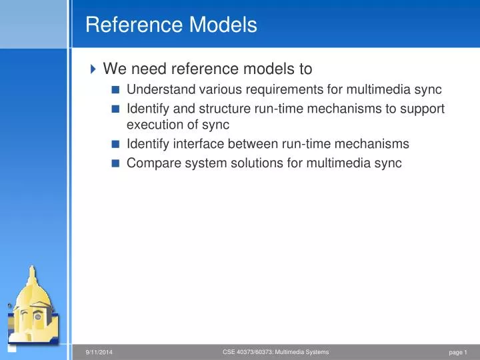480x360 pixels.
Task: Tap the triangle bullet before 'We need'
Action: (x=93, y=69)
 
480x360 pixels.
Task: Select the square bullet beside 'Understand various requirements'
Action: (x=115, y=91)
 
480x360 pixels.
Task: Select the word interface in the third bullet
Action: (x=193, y=143)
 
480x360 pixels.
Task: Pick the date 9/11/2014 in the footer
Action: (x=99, y=352)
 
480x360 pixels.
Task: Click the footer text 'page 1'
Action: (x=458, y=352)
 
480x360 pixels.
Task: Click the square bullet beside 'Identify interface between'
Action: (x=115, y=144)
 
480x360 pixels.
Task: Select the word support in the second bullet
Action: (x=422, y=108)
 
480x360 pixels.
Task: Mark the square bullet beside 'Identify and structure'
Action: (x=115, y=109)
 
